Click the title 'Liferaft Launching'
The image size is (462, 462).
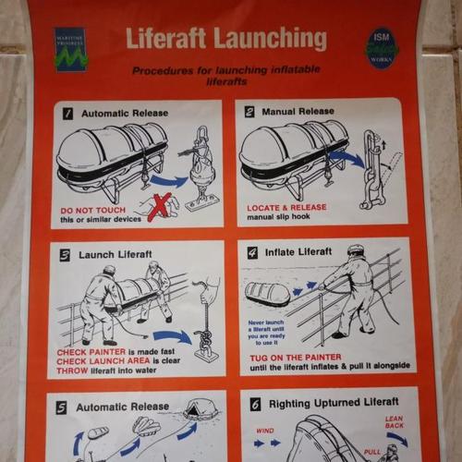point(225,39)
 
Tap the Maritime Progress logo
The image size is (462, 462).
point(70,49)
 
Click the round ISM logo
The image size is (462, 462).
point(381,47)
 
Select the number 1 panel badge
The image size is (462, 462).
point(67,114)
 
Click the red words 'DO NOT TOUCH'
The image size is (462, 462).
point(93,210)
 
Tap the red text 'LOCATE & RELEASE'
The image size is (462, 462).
point(286,208)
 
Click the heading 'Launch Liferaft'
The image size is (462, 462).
point(115,254)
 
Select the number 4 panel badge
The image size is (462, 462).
point(252,251)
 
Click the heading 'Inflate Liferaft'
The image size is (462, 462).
point(297,251)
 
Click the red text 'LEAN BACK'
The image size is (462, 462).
point(394,424)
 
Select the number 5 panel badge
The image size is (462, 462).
point(62,406)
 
